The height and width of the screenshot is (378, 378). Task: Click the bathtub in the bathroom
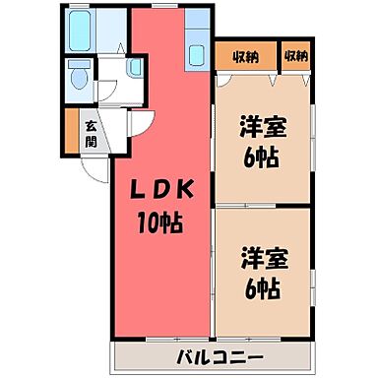(x=80, y=31)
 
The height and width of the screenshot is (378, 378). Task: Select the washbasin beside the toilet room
(x=136, y=67)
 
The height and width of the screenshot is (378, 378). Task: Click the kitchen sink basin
(x=196, y=55)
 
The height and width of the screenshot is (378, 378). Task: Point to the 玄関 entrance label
(x=92, y=134)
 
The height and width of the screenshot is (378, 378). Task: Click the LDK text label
(x=161, y=191)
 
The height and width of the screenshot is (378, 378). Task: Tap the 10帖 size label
(x=160, y=222)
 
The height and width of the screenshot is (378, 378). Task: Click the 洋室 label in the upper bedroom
(x=263, y=127)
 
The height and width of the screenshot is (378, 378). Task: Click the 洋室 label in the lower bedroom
(x=265, y=259)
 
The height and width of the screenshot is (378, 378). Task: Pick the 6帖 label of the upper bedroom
(x=261, y=157)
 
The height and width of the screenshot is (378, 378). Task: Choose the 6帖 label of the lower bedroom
(x=263, y=288)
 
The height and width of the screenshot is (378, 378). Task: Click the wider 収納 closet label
(x=246, y=57)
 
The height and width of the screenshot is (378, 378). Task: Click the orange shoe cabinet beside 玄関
(x=72, y=131)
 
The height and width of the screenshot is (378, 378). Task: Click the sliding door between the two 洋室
(x=246, y=206)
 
